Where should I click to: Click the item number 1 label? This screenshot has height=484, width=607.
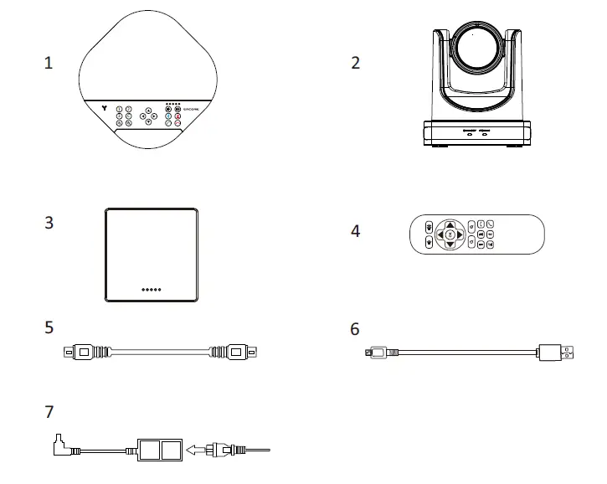[49, 63]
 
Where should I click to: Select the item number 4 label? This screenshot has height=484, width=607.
[356, 230]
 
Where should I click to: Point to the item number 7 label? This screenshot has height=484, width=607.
[49, 413]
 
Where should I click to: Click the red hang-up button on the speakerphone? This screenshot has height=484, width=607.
[178, 123]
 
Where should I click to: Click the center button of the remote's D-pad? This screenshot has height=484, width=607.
[450, 234]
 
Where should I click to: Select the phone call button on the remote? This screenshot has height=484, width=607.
[490, 223]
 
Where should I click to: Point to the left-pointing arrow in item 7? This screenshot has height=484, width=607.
[195, 450]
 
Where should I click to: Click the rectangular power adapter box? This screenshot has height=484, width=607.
[160, 451]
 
